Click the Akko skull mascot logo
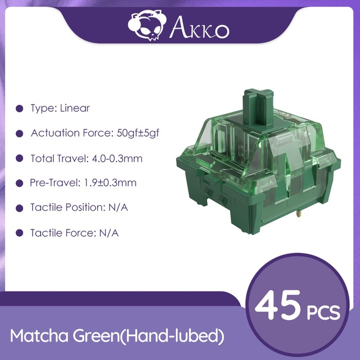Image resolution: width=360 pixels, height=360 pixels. (x=146, y=25)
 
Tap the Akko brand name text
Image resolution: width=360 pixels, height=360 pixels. (x=199, y=28)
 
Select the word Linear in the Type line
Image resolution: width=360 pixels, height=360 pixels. (x=75, y=108)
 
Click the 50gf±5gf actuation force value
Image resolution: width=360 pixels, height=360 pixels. (x=138, y=133)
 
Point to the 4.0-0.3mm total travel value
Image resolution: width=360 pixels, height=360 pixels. (x=117, y=159)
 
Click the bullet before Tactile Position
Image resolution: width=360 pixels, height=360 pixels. (x=20, y=208)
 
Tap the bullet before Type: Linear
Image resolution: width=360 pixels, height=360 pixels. (x=20, y=109)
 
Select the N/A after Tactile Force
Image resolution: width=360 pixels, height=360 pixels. (x=109, y=233)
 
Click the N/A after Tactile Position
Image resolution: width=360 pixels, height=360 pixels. (x=118, y=208)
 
